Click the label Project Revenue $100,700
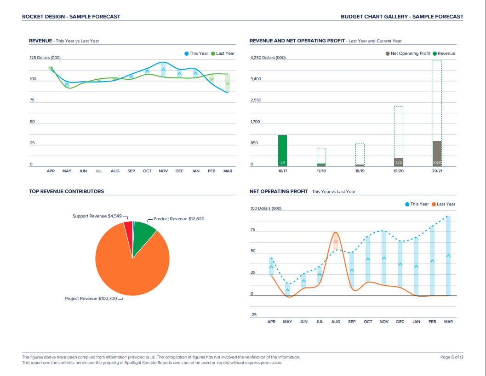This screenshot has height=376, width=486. (x=91, y=299)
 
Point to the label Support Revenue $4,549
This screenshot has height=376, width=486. (x=97, y=216)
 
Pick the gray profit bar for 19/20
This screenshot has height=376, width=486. (x=398, y=162)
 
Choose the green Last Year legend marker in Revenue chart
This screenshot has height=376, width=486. (x=213, y=53)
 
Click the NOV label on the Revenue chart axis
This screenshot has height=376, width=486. (x=163, y=171)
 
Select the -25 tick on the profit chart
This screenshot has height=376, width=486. (x=253, y=315)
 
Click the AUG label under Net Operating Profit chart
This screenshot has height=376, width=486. (x=336, y=322)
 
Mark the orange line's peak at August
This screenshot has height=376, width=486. (x=336, y=232)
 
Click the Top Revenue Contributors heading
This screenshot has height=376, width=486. (x=66, y=191)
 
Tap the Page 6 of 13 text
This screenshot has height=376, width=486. (x=452, y=357)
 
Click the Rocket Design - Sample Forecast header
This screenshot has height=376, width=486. (x=71, y=17)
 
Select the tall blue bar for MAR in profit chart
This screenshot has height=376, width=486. (x=448, y=256)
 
